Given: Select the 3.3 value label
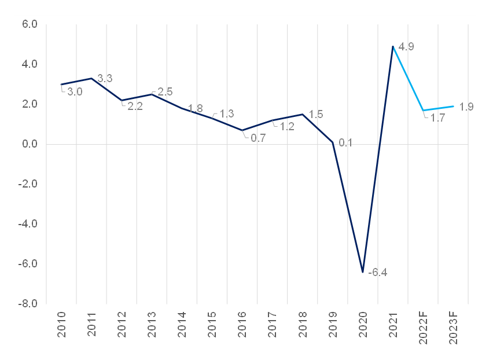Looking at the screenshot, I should pyautogui.click(x=105, y=78).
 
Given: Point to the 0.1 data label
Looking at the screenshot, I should pyautogui.click(x=345, y=142).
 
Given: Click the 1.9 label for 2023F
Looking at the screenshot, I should pyautogui.click(x=466, y=106).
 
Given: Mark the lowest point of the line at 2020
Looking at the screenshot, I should pyautogui.click(x=363, y=271).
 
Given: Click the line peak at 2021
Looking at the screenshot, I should pyautogui.click(x=393, y=46).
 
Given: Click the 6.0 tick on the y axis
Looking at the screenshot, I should pyautogui.click(x=30, y=24).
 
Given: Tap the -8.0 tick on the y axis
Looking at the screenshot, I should pyautogui.click(x=28, y=304).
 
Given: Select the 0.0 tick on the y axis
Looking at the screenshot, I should pyautogui.click(x=30, y=144).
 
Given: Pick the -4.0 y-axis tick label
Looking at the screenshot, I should pyautogui.click(x=28, y=224).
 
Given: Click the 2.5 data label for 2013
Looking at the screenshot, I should pyautogui.click(x=165, y=91).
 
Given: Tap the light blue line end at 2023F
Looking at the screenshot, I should pyautogui.click(x=453, y=106).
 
